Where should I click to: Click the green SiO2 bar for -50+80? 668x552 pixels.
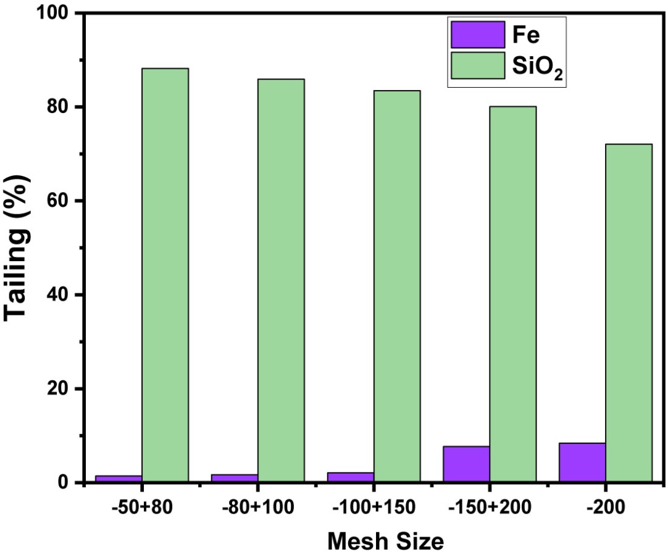point(165,275)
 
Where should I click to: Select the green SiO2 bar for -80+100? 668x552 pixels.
point(281,281)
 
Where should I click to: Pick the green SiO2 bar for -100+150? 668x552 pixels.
point(397,286)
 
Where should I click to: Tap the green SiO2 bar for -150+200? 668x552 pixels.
point(513,295)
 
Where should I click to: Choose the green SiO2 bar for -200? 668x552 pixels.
point(629,313)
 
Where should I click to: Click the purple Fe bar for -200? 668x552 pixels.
point(582,462)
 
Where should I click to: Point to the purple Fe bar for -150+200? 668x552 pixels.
point(467,464)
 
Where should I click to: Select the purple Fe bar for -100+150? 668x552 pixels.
point(351,477)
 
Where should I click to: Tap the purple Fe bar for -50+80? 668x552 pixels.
point(119,479)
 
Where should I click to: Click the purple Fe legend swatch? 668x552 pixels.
point(478,35)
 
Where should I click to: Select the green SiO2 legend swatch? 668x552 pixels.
point(478,65)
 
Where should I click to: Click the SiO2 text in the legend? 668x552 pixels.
point(537,67)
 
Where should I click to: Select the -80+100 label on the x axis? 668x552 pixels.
point(258,507)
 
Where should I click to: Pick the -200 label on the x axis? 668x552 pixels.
point(606,507)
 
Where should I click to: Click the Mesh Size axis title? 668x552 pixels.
point(385,542)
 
